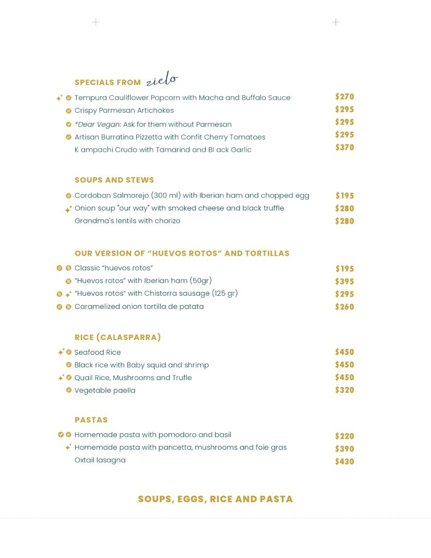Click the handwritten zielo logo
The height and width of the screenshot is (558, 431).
point(162,80)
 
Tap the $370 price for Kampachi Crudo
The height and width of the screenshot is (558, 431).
point(344,148)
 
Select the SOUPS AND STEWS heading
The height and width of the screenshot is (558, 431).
point(114,180)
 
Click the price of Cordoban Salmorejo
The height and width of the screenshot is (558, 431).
point(344,196)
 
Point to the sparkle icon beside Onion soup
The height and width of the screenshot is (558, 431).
point(68,209)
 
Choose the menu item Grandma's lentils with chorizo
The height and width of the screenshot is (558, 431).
point(128,221)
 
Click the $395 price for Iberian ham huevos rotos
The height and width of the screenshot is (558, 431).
point(344,282)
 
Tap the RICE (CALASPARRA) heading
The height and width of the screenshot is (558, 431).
point(118,337)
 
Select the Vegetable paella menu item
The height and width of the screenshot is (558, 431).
point(105,390)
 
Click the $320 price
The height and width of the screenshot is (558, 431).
point(344,390)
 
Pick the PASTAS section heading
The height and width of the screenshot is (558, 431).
point(91,420)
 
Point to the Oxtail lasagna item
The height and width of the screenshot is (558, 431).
point(100,460)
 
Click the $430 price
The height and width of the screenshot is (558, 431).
point(344,462)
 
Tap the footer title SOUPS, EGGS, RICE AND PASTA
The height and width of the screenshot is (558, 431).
point(215,499)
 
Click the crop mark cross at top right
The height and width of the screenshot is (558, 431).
point(336,22)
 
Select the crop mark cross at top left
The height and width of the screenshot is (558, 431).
point(96,22)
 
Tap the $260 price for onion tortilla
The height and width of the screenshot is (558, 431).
point(344,307)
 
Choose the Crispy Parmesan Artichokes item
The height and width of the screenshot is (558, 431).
point(124,111)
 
